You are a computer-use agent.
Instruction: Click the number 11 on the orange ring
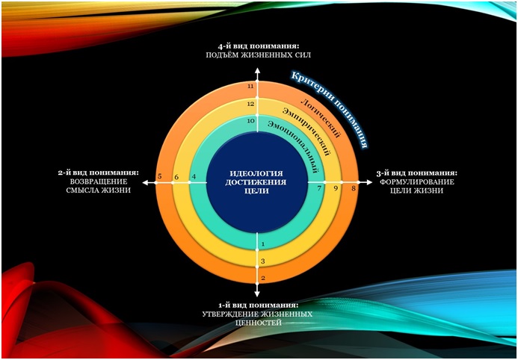(x=250, y=86)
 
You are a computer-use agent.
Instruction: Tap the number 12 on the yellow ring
(x=250, y=104)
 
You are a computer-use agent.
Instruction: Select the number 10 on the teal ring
(x=250, y=121)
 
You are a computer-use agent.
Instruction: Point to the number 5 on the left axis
(x=159, y=176)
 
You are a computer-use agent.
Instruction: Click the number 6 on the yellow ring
(x=176, y=178)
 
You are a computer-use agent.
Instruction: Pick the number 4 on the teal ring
(x=194, y=177)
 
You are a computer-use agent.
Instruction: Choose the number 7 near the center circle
(x=319, y=188)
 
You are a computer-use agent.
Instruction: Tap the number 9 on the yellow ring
(x=336, y=188)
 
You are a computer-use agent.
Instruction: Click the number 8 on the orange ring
(x=354, y=189)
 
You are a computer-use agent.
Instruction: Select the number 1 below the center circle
(x=263, y=244)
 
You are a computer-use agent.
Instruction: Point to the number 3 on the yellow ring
(x=263, y=261)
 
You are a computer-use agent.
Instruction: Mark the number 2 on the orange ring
(x=263, y=278)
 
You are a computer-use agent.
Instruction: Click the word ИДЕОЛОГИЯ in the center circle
(x=256, y=173)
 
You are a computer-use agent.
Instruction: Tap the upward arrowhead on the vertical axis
(x=257, y=70)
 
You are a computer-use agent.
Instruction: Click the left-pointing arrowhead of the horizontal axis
(x=146, y=182)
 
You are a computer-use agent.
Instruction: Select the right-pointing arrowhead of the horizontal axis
(x=369, y=182)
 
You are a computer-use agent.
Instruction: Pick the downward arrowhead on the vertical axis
(x=257, y=294)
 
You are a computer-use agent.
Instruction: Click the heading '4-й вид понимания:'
(x=258, y=46)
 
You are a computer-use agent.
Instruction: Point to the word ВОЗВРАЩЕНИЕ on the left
(x=99, y=181)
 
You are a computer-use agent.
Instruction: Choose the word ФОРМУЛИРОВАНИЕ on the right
(x=417, y=181)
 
